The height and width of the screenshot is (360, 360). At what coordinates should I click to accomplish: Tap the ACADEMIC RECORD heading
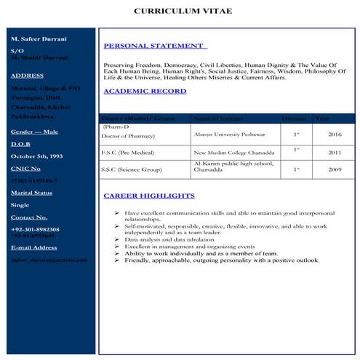(145, 92)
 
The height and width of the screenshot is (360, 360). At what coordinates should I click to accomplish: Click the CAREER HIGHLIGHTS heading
(148, 196)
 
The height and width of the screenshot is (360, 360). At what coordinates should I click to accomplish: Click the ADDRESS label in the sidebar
(27, 76)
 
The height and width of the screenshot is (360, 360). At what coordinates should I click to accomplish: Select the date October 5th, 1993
(36, 156)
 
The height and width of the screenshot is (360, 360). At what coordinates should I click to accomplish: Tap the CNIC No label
(25, 169)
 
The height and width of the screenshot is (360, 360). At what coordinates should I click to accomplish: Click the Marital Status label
(31, 193)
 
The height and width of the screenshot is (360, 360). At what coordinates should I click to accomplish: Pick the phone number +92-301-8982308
(35, 229)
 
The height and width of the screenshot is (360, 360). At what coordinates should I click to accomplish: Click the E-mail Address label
(33, 248)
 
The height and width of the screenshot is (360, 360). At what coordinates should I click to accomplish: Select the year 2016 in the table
(335, 135)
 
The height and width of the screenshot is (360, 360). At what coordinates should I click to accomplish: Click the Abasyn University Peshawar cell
(229, 135)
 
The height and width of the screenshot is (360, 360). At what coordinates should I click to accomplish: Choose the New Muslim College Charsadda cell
(231, 153)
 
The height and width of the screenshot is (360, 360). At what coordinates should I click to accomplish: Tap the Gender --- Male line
(34, 132)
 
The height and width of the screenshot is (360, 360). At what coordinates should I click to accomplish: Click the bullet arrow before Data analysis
(118, 239)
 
